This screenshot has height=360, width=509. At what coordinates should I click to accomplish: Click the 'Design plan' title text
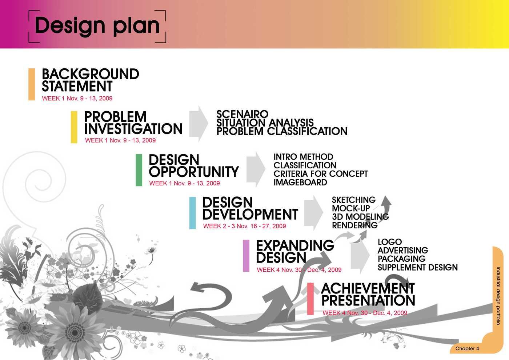coord(97,26)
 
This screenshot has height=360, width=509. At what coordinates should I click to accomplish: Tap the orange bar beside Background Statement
coord(32,84)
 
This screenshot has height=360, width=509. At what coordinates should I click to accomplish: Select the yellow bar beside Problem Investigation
coord(74,127)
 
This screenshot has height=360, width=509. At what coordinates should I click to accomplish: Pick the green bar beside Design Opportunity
coord(139,170)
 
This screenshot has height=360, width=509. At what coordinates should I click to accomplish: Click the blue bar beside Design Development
coord(192,213)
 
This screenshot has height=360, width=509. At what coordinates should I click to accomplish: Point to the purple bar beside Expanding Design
coord(246,256)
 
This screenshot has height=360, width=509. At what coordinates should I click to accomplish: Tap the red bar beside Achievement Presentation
coord(310,299)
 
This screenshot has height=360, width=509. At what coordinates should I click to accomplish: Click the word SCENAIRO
coord(242,114)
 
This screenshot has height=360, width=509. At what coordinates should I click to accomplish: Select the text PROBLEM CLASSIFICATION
coord(282,131)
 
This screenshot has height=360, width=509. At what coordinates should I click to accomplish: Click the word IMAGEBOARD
coord(300,182)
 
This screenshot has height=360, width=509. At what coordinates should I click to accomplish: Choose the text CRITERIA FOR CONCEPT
coord(321,174)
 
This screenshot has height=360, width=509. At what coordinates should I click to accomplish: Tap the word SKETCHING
coord(353,200)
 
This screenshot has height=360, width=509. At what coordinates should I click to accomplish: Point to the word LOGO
coord(390,242)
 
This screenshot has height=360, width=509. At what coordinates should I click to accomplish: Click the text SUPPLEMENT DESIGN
coord(418,268)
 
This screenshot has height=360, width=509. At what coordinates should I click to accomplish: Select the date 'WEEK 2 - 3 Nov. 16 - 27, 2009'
coord(244,226)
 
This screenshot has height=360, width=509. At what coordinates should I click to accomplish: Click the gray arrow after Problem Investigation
coord(199,124)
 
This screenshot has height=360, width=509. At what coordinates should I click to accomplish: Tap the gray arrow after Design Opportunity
coord(256,169)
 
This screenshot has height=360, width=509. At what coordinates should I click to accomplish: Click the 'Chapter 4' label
coord(467,348)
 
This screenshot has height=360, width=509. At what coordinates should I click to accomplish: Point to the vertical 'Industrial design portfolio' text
coord(498,296)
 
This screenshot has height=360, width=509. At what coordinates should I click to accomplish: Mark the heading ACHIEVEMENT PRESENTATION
coord(368,294)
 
